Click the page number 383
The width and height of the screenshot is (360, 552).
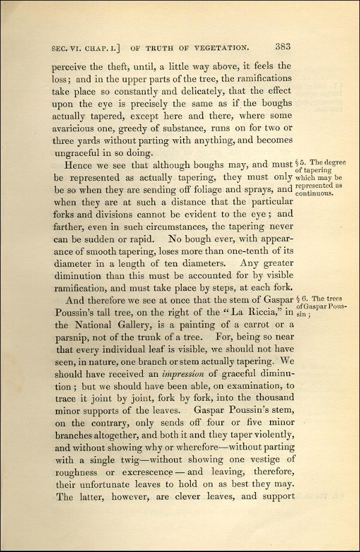[x=283, y=46]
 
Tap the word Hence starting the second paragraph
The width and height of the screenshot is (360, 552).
[x=80, y=166]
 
